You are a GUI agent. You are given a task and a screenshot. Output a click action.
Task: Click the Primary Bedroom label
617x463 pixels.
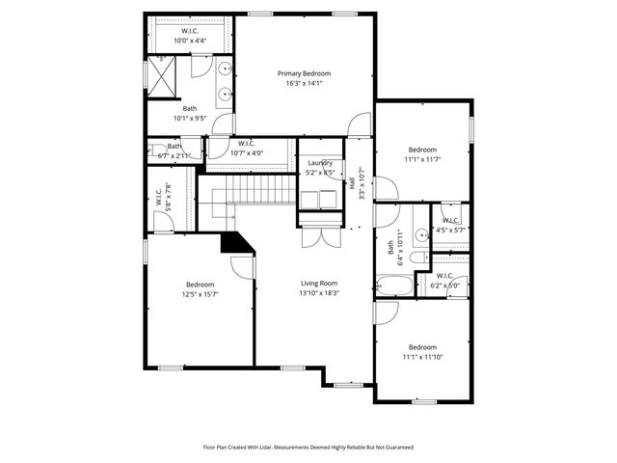pyautogui.click(x=304, y=73)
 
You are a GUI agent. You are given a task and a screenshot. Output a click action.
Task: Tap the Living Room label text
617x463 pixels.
pyautogui.click(x=319, y=283)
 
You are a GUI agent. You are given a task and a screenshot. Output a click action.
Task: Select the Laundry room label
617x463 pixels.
pyautogui.click(x=319, y=163)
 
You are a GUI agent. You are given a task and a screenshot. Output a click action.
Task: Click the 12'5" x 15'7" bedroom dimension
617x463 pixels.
pyautogui.click(x=200, y=294)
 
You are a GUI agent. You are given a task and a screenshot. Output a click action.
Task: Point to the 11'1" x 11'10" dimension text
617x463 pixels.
pyautogui.click(x=422, y=357)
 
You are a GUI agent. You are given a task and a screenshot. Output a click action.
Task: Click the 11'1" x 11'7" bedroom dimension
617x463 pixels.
pyautogui.click(x=422, y=159)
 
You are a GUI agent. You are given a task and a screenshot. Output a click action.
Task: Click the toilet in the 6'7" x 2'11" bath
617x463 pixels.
pyautogui.click(x=154, y=150)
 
